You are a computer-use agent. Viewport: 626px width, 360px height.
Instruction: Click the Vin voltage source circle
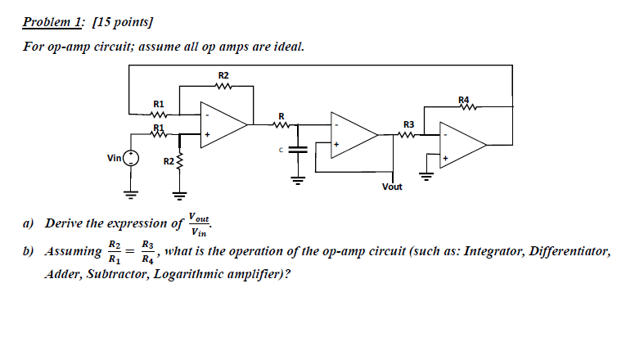click(132, 158)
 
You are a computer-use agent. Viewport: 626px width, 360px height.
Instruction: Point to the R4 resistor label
click(466, 99)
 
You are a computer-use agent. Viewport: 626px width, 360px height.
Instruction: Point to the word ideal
click(287, 47)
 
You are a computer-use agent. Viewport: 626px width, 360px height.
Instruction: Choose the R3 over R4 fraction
click(146, 252)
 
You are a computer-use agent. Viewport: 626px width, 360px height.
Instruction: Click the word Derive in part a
click(63, 223)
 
